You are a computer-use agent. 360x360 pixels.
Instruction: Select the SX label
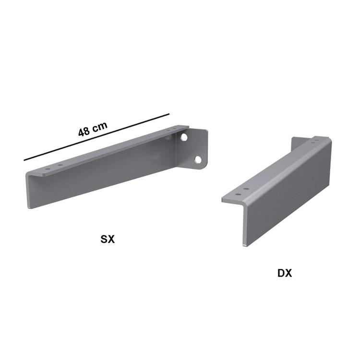click(x=108, y=239)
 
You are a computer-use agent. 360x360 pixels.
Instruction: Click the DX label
click(x=284, y=273)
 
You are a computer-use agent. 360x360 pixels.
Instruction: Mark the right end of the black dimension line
click(x=169, y=114)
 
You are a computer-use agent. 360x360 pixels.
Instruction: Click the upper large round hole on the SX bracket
click(x=184, y=138)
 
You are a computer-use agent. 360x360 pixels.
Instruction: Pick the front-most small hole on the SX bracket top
click(x=47, y=169)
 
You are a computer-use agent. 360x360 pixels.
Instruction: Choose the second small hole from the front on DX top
click(x=246, y=189)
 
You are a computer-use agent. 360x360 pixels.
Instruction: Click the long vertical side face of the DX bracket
click(x=288, y=192)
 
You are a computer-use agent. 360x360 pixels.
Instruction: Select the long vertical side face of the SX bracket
click(x=106, y=178)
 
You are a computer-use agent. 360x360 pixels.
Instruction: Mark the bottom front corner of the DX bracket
click(x=245, y=245)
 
